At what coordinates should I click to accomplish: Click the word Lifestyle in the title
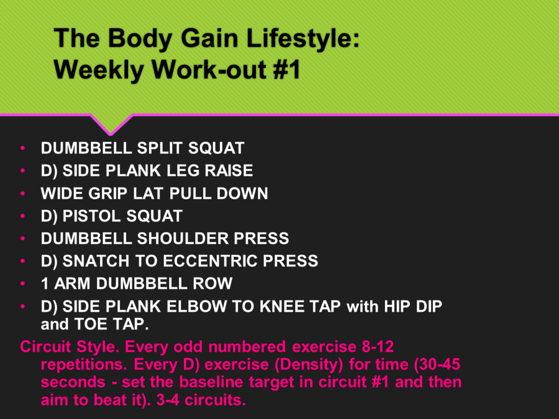point(302,39)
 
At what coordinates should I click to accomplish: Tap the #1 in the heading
point(287,69)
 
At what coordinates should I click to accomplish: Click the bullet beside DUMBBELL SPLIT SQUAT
point(23,148)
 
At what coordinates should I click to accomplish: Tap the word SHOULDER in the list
point(182,238)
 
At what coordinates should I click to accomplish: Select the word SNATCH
point(96,261)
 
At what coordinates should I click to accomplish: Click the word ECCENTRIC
point(210,261)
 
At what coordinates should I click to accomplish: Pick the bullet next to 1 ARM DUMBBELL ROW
point(23,284)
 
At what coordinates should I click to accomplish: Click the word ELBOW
point(197,306)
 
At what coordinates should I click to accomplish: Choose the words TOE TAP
point(111,324)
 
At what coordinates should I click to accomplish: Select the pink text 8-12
point(378,346)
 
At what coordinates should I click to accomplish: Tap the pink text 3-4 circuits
point(201,400)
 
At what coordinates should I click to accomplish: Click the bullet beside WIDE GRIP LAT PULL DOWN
point(23,194)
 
